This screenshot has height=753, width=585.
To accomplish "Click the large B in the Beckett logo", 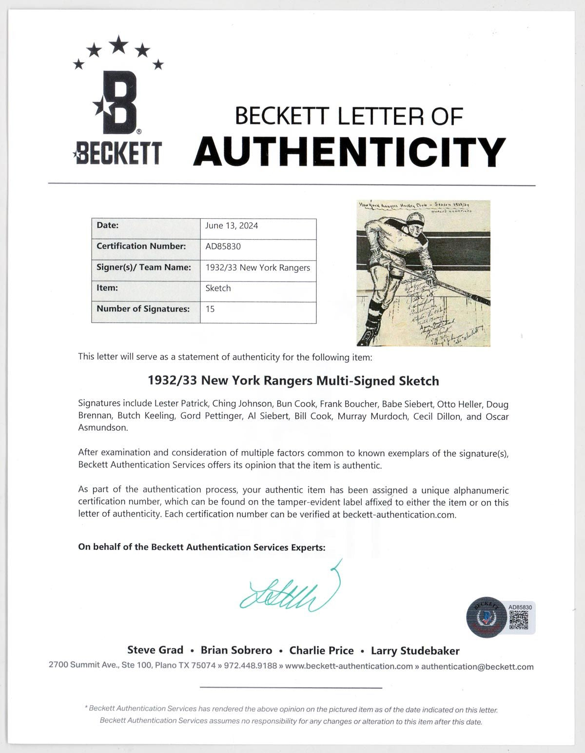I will (118, 103).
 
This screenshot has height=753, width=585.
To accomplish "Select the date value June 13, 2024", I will (232, 225).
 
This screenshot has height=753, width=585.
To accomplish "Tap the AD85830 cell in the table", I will (223, 246).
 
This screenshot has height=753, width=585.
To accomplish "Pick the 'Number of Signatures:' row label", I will (143, 309).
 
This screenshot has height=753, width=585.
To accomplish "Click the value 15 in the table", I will (210, 309).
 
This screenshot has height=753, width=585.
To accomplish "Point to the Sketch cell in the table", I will (218, 288).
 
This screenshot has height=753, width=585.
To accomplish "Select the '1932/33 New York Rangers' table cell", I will (258, 267).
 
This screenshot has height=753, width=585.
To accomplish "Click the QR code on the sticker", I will (518, 620).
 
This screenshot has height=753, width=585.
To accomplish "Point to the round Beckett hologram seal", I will (487, 617).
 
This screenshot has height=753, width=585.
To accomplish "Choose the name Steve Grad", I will (155, 650).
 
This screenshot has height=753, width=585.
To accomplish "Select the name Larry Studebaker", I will (415, 651).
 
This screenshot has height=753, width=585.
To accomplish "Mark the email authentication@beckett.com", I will (477, 667).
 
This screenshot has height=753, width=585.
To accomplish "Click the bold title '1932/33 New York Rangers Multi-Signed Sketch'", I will (293, 381).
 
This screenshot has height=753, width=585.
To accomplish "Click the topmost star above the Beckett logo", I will (118, 45).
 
